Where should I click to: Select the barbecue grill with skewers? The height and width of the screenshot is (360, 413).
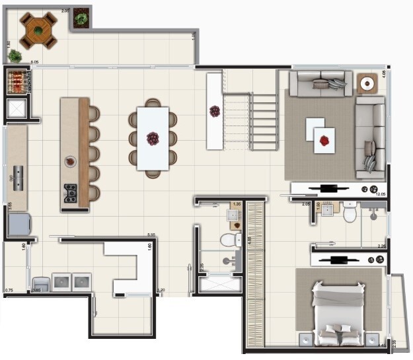17,82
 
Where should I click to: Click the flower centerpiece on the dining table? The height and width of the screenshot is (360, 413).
153,139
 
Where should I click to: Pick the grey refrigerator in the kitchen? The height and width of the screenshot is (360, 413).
19,225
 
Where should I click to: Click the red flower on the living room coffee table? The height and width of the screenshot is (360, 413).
324,141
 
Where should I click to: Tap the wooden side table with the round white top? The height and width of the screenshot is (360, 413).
367,84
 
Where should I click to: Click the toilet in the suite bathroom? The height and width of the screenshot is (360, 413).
350,213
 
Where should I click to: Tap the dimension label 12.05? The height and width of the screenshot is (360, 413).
380,194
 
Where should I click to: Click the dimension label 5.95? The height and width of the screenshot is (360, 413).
151,234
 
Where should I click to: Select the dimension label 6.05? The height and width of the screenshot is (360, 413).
34,62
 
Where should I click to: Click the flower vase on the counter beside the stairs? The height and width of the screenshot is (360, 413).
215,111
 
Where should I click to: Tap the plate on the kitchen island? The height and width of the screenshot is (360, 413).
69,161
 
